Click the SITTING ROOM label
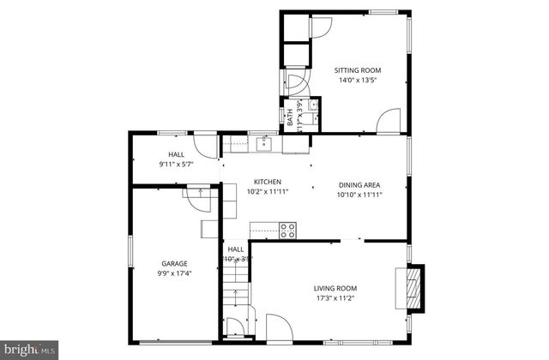358,70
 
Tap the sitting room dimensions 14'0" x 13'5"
358,81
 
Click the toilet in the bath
314,106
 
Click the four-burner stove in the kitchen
287,230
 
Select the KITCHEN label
267,182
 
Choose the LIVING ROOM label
336,288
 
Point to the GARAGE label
174,264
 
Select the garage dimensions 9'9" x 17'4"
174,274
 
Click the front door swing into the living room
278,327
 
